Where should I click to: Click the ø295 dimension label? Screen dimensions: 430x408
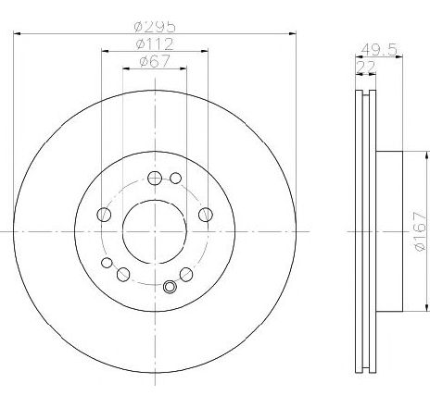point(155,27)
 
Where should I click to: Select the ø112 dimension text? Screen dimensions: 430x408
point(155,44)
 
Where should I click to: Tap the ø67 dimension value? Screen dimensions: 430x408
point(155,61)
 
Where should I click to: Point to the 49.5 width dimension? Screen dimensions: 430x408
point(379,50)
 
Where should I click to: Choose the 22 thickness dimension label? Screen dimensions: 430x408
point(366,67)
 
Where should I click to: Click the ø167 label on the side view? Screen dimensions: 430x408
point(421,231)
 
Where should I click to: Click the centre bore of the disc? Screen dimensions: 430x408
point(155,231)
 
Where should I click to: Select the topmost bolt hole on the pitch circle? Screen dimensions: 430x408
point(155,178)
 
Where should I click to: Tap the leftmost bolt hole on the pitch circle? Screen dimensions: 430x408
point(104,215)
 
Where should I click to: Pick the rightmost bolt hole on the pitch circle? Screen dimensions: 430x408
point(206,215)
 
